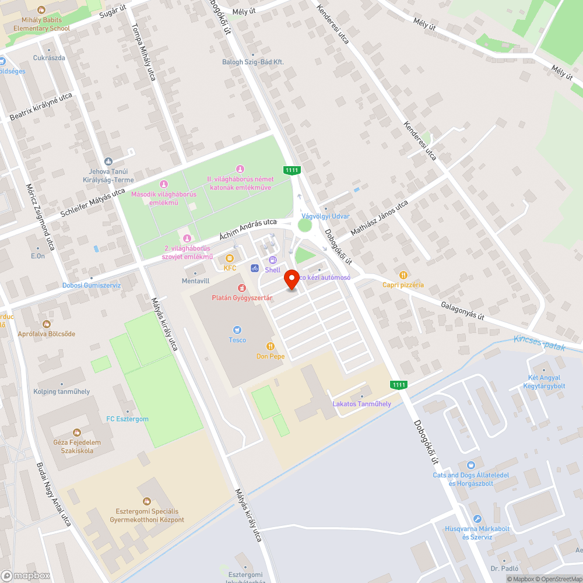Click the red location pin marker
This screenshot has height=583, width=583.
(292, 281)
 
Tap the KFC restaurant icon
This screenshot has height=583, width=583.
(230, 258)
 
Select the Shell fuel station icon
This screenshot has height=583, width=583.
(272, 260)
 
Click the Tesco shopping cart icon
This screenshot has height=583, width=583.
(237, 330)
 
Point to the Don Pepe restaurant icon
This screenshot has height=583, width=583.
(270, 346)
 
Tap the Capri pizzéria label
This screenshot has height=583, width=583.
(403, 285)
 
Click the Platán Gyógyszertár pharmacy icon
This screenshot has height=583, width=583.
(241, 288)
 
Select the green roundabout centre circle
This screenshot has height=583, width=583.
(305, 225)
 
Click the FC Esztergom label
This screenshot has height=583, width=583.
(127, 419)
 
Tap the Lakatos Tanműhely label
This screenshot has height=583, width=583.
(361, 404)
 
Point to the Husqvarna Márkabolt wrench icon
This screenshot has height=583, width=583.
(477, 519)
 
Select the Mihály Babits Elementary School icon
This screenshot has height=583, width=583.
(41, 10)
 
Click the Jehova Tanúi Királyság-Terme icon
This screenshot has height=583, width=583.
(108, 161)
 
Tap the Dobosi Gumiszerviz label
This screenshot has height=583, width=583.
(92, 285)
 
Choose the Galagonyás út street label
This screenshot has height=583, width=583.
(462, 310)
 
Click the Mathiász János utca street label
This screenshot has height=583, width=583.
(379, 219)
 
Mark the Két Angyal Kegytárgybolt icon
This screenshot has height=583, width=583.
(544, 369)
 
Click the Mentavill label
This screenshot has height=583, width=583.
(195, 280)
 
